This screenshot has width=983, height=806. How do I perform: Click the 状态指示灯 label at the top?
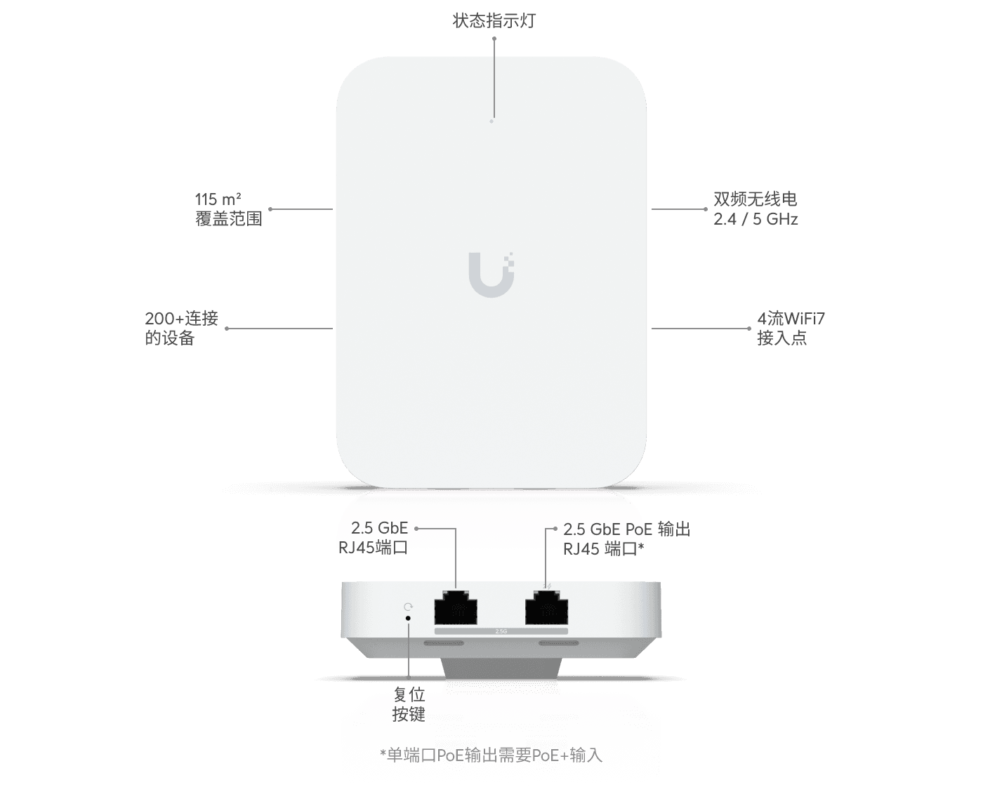pos(494,20)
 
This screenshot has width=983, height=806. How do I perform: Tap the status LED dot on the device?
pos(491,121)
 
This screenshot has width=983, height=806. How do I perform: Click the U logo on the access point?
pos(491,274)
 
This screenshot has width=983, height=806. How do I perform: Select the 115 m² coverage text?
pos(218,199)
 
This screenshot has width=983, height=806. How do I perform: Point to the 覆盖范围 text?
pos(228,218)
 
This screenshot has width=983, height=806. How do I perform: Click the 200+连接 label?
pos(182,319)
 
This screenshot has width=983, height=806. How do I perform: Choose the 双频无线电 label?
pos(756,199)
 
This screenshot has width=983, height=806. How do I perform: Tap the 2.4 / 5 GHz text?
pos(756,219)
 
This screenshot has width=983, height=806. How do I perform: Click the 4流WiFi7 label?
pos(791,319)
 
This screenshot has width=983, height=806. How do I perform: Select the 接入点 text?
pos(781,338)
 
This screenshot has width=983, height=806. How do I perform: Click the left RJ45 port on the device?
pos(456,608)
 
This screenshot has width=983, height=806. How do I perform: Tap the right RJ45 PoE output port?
pos(546,608)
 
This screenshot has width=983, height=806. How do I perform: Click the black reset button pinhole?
pos(409,618)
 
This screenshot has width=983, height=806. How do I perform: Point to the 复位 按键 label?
pos(409,705)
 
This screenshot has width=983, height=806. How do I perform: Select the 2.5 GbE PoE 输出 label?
pos(626,529)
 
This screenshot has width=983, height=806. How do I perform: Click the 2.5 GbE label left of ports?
pos(379,528)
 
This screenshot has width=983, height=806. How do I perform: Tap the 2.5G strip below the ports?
pos(501,631)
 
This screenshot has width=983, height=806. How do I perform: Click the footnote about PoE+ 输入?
pos(491,755)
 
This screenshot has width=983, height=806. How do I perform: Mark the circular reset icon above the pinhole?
pos(409,606)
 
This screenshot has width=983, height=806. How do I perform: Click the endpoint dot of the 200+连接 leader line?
pos(227,328)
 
